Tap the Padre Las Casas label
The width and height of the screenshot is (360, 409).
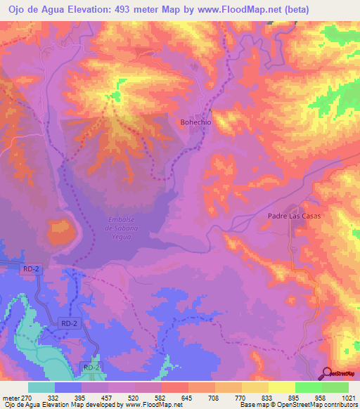coord(294,216)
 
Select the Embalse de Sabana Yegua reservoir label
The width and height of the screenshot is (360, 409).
coord(121,228)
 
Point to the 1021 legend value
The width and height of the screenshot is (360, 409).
coord(348,398)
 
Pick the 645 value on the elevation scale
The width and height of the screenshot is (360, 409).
coord(188,398)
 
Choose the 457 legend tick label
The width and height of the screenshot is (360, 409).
coord(108,398)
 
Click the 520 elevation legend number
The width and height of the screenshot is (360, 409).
coord(134,398)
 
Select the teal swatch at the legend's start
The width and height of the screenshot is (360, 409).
coord(41,387)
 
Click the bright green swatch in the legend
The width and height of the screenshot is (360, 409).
coord(308,387)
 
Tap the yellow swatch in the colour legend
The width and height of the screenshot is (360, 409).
coord(281,387)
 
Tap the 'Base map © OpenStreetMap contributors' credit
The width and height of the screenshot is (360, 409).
coord(298,405)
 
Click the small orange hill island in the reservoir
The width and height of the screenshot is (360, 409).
coord(60,229)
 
